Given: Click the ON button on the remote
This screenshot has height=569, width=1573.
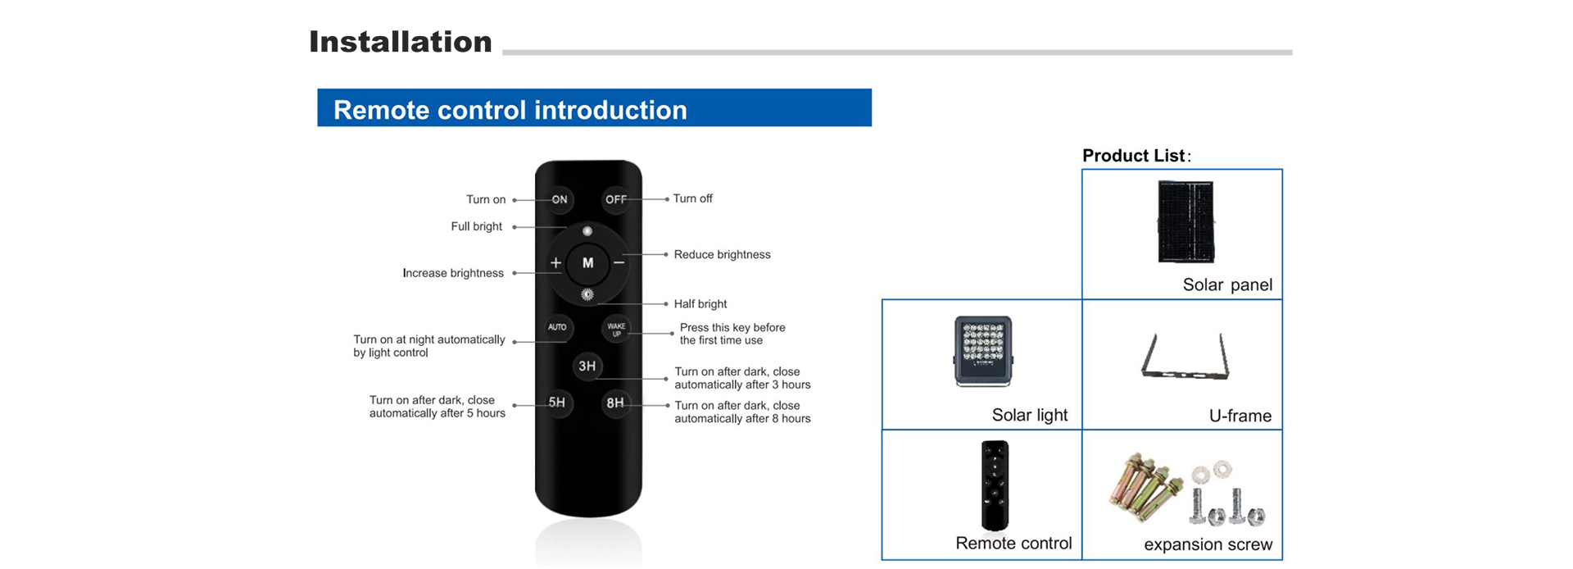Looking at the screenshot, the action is [560, 199].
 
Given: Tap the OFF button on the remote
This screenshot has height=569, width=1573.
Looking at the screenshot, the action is [615, 199].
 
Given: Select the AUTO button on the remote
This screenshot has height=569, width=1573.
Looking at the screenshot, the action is [557, 327].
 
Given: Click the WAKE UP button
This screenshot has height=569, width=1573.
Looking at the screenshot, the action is [616, 330].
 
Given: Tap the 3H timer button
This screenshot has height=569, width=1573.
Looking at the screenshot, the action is [587, 366].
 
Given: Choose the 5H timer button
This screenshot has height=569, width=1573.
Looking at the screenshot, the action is [557, 403].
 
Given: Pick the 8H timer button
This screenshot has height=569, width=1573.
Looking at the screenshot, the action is [615, 403].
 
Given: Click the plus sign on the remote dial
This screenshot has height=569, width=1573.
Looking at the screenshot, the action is [555, 263].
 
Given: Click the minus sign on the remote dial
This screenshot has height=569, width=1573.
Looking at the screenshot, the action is [619, 263].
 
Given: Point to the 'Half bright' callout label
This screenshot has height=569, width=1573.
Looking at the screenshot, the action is [700, 304].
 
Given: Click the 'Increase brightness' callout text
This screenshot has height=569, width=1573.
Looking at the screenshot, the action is [453, 273].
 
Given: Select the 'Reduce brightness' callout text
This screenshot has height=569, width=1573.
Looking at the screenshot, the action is [722, 255].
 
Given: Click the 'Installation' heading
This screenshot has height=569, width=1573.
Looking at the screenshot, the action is [401, 42].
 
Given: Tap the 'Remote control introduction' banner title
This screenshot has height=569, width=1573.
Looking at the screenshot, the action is [510, 110].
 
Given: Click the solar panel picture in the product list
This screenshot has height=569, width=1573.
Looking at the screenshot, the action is [1186, 222].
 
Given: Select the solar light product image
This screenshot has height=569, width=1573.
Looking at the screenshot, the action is [983, 351].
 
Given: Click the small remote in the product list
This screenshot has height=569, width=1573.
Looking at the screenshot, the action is [995, 486].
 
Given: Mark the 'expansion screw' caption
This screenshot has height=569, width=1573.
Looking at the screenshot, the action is [1208, 544].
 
